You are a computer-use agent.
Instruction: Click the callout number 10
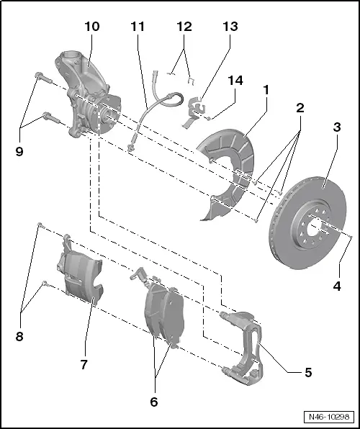click(x=91, y=27)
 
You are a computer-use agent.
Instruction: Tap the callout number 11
click(x=138, y=27)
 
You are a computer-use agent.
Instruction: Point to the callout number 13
click(x=230, y=27)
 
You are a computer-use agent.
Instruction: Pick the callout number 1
click(x=266, y=91)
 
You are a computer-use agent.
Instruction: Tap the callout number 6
click(x=153, y=402)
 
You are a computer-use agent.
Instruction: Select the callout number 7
click(x=84, y=365)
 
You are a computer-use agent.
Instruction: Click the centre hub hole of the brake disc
click(x=317, y=230)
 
